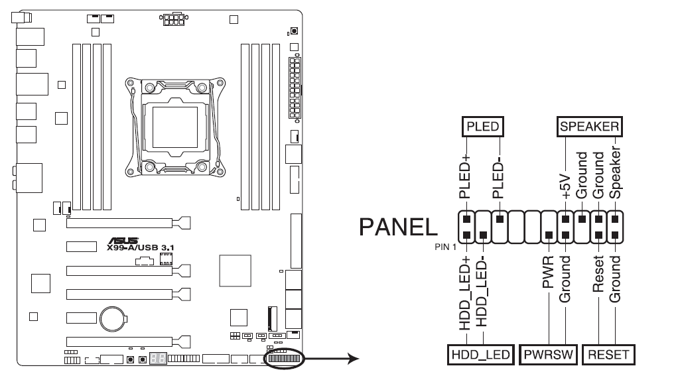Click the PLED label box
[483, 127]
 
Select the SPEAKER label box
[589, 127]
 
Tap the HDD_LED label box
[480, 355]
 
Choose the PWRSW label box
[548, 355]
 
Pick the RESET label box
[608, 355]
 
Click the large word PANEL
[398, 227]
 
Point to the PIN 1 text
[445, 247]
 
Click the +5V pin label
[565, 186]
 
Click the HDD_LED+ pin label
[464, 293]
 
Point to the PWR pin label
[548, 272]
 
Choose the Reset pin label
[598, 274]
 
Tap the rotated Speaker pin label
[615, 172]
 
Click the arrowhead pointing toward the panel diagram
[354, 358]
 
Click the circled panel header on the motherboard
[284, 358]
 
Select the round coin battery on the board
[113, 319]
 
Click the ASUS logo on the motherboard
[123, 241]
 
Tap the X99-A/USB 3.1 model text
[141, 247]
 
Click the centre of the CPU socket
[175, 128]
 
